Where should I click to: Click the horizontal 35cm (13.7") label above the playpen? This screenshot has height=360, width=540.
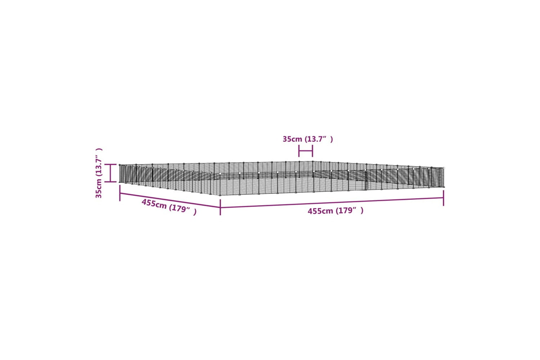coord(307,139)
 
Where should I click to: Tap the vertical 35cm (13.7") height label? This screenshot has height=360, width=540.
coord(99,173)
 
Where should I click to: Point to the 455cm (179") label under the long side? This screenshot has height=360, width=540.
coord(335,211)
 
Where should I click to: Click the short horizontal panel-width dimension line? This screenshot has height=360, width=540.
coord(306,151)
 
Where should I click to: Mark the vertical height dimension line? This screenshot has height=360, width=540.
coord(111,173)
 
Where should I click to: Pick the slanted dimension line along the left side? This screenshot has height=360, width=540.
coord(170,200)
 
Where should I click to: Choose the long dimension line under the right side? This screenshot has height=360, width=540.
coord(332,203)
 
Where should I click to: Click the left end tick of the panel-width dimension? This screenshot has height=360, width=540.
coord(299,151)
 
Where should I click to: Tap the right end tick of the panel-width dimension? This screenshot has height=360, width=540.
coord(312,151)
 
